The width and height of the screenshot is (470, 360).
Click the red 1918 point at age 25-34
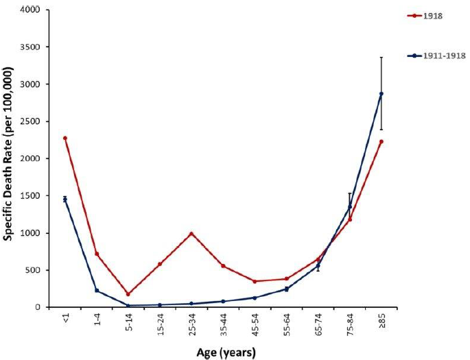(x=191, y=233)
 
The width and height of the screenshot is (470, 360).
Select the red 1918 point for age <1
(x=65, y=138)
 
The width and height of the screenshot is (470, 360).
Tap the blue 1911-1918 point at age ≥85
(x=381, y=93)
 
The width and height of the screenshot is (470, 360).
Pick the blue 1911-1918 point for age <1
(x=65, y=199)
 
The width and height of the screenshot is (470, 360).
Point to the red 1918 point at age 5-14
(x=128, y=294)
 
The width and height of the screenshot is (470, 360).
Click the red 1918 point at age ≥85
(x=381, y=141)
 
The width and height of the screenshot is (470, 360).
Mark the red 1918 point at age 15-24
(x=160, y=264)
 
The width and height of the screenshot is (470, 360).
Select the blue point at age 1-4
(x=97, y=290)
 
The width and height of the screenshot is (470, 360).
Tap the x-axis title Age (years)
(x=223, y=352)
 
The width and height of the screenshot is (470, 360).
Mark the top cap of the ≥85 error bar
(x=381, y=57)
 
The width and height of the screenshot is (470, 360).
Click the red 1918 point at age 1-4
(x=97, y=254)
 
